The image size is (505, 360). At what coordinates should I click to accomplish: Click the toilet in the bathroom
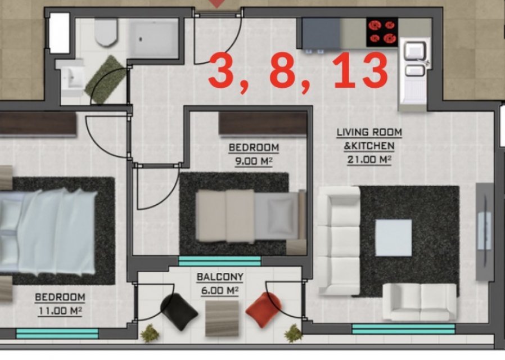[106, 32]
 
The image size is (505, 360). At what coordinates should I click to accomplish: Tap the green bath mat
[106, 79]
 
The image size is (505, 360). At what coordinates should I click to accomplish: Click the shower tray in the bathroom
[154, 39]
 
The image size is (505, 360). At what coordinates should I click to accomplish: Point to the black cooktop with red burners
[382, 33]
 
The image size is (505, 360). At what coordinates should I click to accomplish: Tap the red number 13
[360, 71]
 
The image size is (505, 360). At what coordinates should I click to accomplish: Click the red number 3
[222, 71]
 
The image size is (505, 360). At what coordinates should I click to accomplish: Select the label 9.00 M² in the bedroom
[254, 161]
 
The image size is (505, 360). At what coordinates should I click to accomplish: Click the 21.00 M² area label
[369, 160]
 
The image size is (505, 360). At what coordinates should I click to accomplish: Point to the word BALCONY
[220, 277]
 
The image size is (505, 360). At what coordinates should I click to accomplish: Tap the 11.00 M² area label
[60, 311]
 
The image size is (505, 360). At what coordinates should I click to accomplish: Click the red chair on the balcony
[263, 310]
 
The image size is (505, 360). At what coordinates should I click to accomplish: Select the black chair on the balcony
[179, 312]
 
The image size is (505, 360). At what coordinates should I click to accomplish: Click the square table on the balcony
[222, 318]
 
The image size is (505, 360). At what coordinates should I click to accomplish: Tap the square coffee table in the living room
[394, 237]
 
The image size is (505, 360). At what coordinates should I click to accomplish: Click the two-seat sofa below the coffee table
[420, 301]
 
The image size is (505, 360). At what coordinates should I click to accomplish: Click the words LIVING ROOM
[369, 132]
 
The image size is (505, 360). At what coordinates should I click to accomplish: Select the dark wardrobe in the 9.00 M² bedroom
[263, 124]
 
